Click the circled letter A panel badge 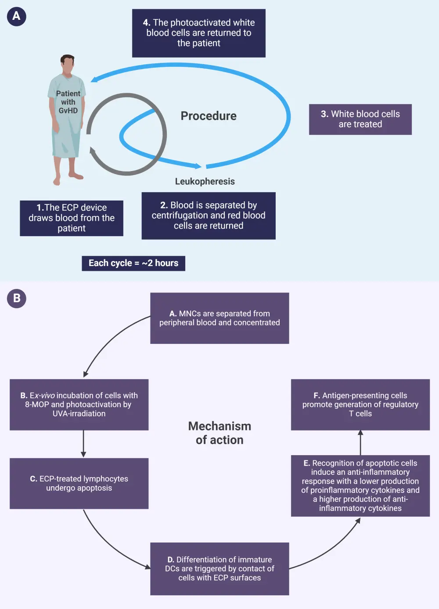[x=16, y=16]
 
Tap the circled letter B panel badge [x=17, y=298]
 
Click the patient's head [x=68, y=64]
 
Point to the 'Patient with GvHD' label [x=68, y=102]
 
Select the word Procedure [x=209, y=116]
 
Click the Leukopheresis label [x=205, y=181]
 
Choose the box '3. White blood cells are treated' [x=360, y=119]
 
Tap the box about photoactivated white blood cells [x=198, y=33]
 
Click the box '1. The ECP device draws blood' [x=72, y=218]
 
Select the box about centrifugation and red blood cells [x=209, y=215]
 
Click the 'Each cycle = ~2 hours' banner [x=133, y=263]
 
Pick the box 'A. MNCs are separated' [x=219, y=318]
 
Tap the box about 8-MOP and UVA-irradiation [x=79, y=405]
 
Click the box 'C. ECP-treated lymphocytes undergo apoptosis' [x=79, y=483]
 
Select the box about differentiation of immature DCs [x=219, y=569]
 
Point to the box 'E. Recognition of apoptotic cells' [x=360, y=485]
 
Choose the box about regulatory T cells [x=360, y=405]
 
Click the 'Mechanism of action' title [x=219, y=433]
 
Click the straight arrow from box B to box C [x=83, y=444]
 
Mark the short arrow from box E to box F [x=360, y=442]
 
